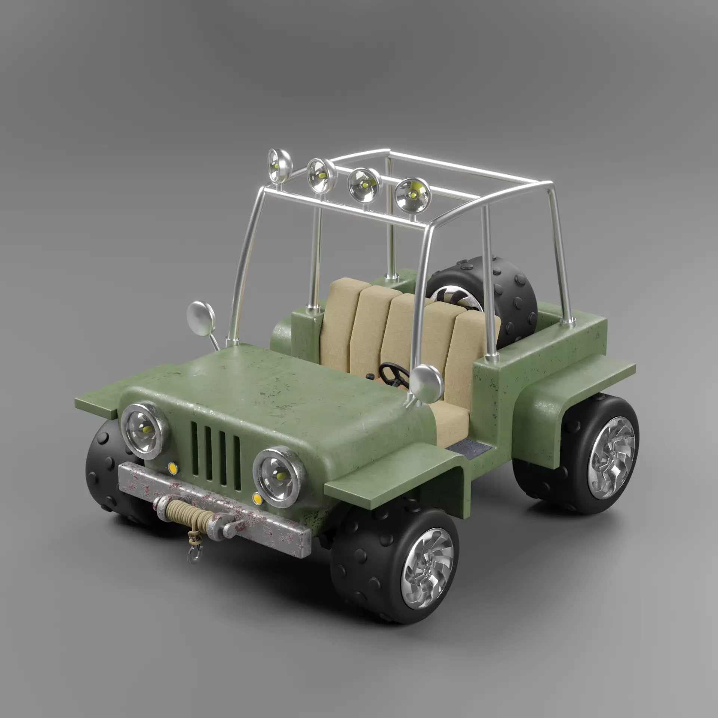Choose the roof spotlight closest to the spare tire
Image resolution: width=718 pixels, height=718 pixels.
coord(412,194)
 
